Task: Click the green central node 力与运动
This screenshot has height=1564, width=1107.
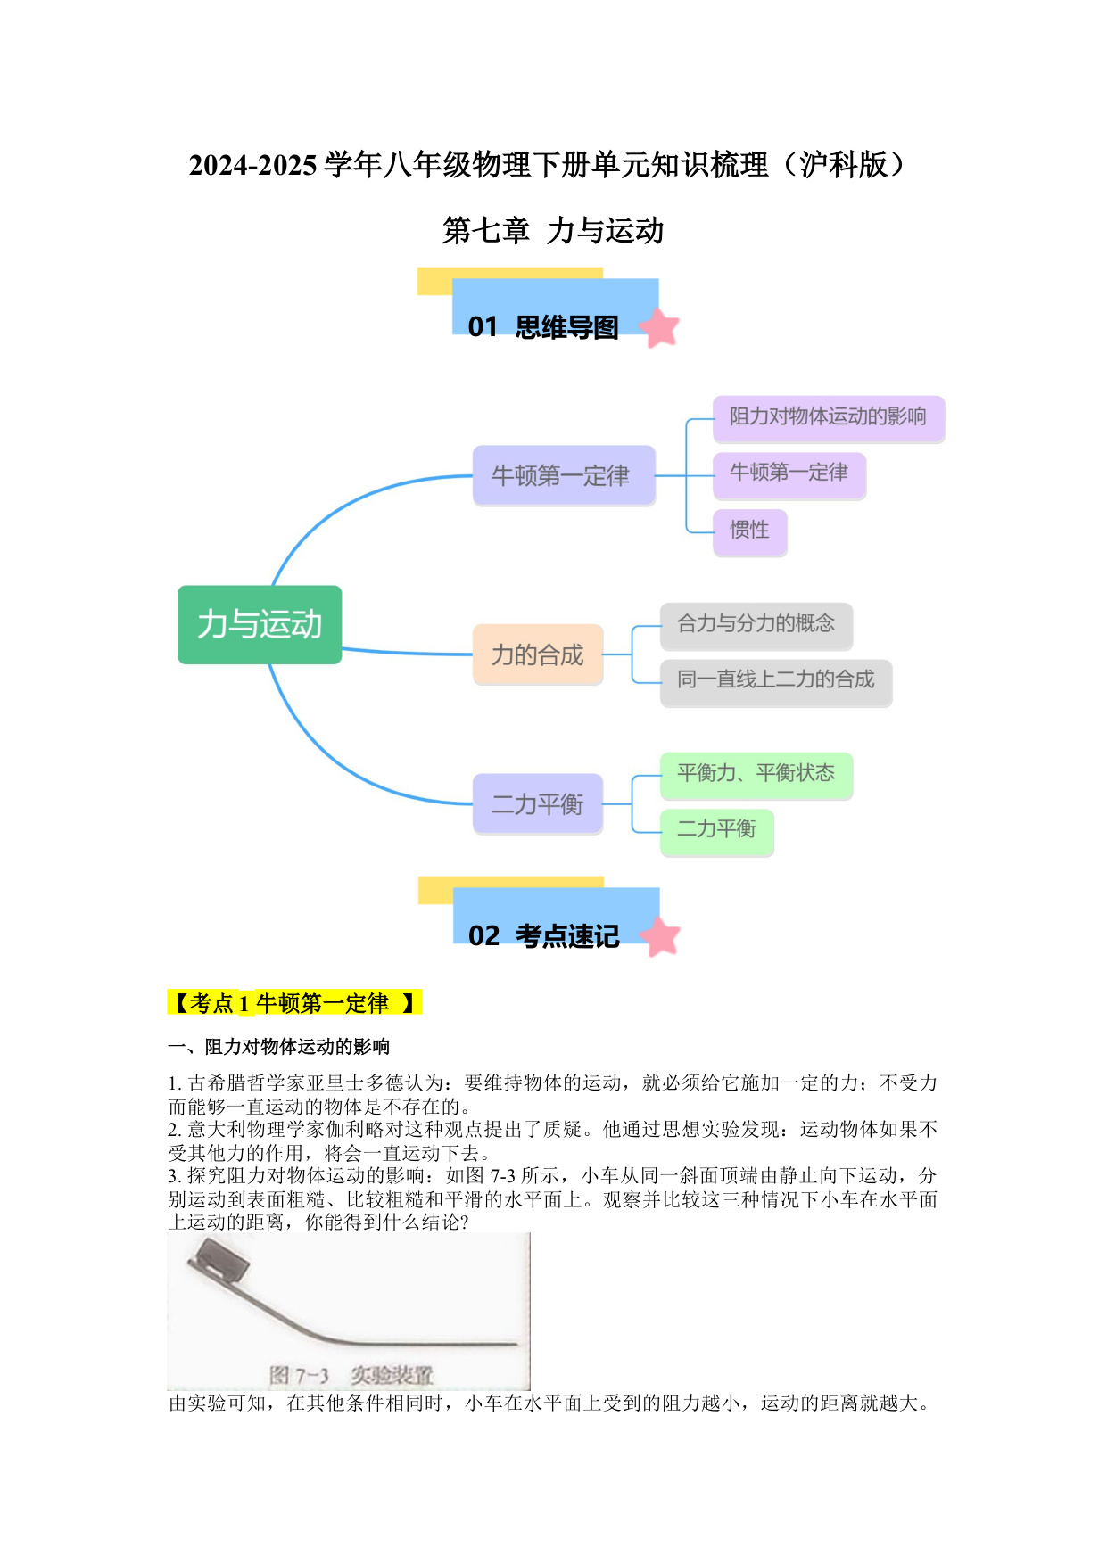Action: (260, 624)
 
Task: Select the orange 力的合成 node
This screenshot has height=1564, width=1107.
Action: (538, 654)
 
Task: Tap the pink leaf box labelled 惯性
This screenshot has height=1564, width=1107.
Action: (749, 532)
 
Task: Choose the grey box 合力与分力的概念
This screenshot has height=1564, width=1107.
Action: (756, 626)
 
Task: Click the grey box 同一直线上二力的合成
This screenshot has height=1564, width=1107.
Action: (776, 683)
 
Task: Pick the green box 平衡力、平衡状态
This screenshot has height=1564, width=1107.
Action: (756, 776)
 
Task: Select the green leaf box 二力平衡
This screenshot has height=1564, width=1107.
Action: (716, 832)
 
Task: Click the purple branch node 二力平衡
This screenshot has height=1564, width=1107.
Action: (538, 803)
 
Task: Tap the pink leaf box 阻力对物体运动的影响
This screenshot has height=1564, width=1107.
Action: (829, 419)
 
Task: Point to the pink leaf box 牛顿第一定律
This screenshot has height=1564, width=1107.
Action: (789, 475)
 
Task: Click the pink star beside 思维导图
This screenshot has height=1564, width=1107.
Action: (659, 327)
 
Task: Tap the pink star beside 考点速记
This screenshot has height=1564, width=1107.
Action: (660, 936)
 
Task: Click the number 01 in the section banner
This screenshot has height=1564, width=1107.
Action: (483, 327)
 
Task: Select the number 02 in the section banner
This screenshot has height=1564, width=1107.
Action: (483, 936)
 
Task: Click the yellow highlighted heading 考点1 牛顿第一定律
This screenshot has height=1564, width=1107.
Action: (294, 1003)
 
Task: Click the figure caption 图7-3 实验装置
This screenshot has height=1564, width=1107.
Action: (351, 1375)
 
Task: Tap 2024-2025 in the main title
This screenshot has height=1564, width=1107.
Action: (253, 166)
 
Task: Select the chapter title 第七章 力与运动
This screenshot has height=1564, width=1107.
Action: (553, 231)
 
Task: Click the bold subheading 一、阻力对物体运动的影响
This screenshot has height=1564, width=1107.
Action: (279, 1047)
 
